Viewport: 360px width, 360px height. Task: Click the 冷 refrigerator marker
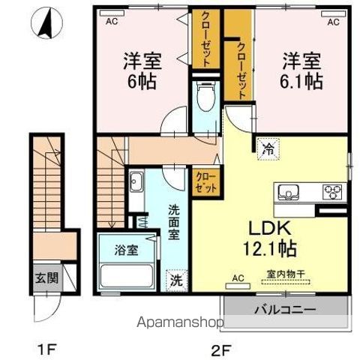click(x=268, y=148)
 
